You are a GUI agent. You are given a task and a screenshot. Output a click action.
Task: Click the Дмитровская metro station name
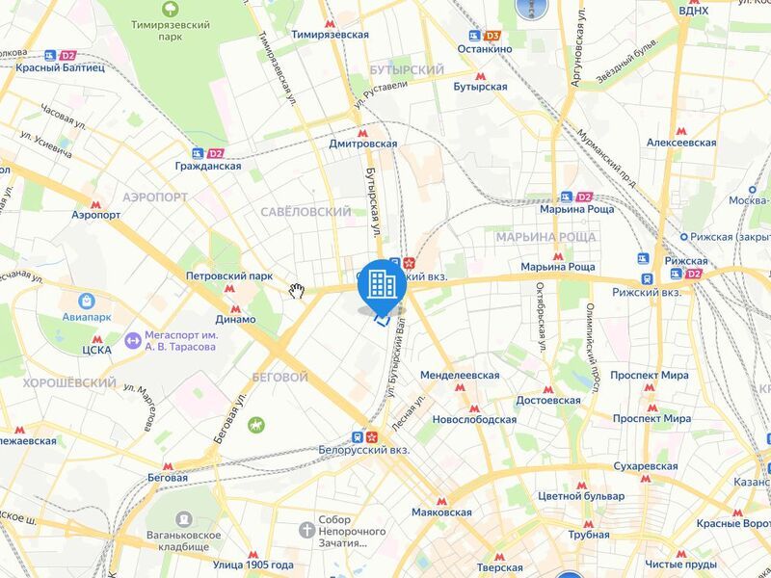coord(362,143)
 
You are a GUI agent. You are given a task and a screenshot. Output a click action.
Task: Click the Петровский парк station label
coord(229,276)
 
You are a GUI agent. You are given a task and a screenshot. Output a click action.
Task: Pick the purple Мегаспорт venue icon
coord(133,340)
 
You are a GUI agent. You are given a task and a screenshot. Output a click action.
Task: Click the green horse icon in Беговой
coord(255,424)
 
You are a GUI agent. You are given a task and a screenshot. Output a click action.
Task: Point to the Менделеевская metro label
coord(460,374)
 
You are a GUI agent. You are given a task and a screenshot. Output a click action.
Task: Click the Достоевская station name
coord(546,400)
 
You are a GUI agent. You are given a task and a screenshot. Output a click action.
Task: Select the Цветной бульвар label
coord(581,495)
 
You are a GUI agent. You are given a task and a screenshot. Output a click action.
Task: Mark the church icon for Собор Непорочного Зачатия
coord(306,530)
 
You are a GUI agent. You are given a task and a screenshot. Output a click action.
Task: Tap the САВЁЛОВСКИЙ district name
coord(306,211)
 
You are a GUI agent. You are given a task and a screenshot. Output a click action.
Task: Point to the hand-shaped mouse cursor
coord(298,291)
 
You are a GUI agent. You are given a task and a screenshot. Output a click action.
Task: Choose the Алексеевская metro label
coord(680,142)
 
